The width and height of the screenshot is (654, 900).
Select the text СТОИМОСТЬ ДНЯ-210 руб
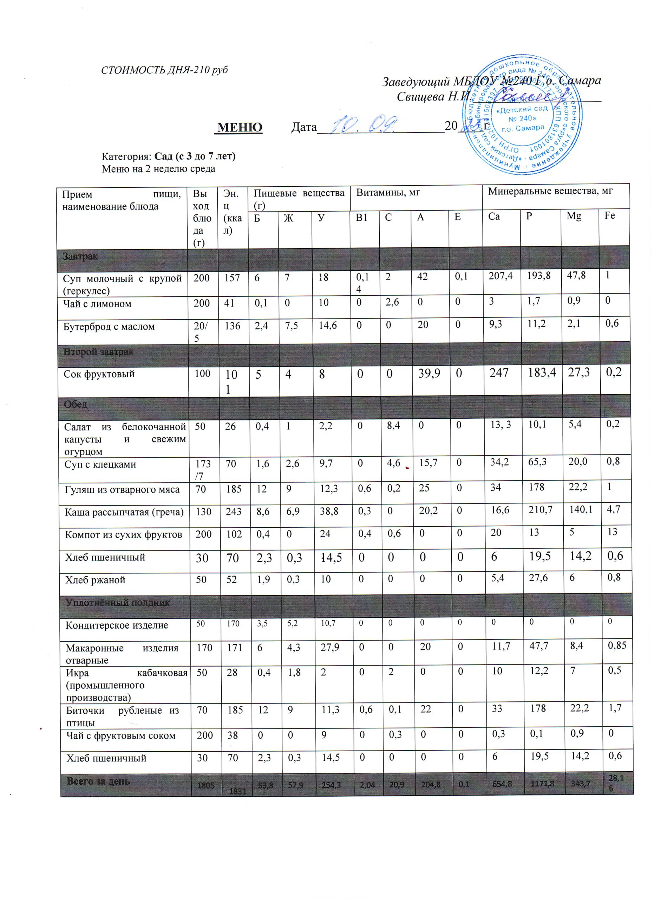click(164, 70)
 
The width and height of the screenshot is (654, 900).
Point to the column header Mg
click(574, 216)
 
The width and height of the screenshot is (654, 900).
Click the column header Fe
click(610, 216)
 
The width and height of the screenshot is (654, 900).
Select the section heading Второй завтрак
click(98, 352)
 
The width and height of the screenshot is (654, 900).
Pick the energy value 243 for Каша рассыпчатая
click(234, 512)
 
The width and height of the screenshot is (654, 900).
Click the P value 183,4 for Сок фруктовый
click(540, 373)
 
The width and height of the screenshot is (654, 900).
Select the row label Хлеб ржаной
click(95, 580)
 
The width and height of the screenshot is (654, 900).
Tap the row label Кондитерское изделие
click(117, 625)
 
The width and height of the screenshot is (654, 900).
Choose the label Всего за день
click(98, 781)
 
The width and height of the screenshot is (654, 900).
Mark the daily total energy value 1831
click(237, 791)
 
